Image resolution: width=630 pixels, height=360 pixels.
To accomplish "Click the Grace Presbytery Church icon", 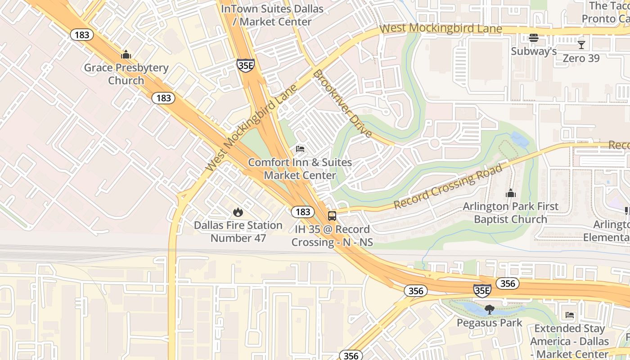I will (126, 55).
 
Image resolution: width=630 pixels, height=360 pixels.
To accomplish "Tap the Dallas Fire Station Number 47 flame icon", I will (238, 212).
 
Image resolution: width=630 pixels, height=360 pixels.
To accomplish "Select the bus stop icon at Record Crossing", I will (332, 216).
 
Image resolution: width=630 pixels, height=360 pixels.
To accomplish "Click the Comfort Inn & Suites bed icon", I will (300, 149).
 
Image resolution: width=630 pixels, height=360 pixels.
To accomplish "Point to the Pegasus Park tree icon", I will (489, 310).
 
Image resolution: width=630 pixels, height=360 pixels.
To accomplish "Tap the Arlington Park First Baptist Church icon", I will (510, 193).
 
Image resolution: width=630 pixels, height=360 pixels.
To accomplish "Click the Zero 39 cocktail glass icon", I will (581, 45).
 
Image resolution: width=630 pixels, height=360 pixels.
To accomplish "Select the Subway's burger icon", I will (534, 38).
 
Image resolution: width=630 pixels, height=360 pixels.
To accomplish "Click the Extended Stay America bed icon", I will (570, 315).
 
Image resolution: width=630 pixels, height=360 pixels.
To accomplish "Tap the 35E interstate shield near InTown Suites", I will (246, 65).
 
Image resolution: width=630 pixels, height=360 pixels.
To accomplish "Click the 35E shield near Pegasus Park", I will (482, 291).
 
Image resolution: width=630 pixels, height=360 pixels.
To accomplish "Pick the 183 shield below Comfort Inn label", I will (303, 211).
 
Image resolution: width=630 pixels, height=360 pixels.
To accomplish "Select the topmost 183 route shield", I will (81, 35).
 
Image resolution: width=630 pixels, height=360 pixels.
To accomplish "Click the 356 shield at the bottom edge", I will (351, 355).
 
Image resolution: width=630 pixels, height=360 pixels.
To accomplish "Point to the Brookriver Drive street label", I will (343, 103).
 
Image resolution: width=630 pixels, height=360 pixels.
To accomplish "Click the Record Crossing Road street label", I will (448, 187).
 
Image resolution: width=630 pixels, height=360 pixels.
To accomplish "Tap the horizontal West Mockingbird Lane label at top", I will (441, 29).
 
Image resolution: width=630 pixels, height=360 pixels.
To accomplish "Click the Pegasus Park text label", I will (489, 323).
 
